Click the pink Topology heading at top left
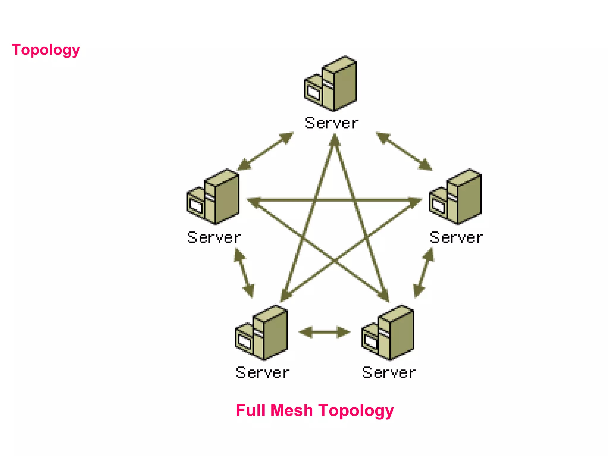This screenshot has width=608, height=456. coord(46,50)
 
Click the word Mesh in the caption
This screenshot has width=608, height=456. coord(292,410)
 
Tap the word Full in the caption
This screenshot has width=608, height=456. coord(250,410)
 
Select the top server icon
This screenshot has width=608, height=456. coord(331,84)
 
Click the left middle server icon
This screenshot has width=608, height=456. coord(213,197)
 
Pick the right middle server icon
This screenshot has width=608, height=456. coord(455,197)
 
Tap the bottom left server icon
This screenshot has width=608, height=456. coord(262,332)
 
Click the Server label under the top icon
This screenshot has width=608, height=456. coord(332,123)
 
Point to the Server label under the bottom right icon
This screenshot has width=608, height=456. coord(389,373)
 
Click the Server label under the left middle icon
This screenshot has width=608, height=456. coord(214,237)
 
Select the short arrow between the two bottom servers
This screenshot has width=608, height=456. coord(324,332)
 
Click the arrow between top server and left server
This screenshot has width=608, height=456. coord(265,151)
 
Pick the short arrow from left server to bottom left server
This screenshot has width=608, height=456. coord(244,273)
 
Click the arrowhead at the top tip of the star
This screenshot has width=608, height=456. coord(335,140)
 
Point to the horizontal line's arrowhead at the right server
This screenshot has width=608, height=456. coord(415,201)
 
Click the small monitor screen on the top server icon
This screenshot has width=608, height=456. coord(313,92)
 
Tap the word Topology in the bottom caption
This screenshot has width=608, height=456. coord(356,410)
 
